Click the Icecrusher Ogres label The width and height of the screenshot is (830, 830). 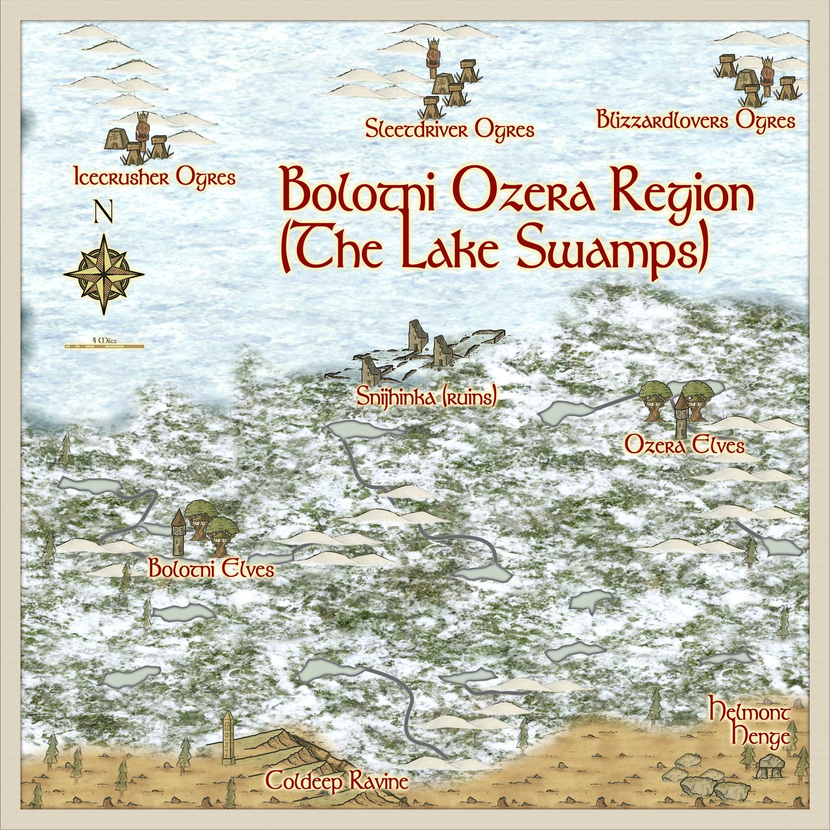pos(154,177)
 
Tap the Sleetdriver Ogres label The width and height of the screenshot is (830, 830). pos(449,130)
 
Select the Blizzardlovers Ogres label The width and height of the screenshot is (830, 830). pos(695,121)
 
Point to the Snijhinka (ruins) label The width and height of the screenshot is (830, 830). pos(427,397)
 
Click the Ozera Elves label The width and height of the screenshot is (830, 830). pos(684,445)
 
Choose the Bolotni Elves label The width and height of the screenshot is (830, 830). pos(211,570)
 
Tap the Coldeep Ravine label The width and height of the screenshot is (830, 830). pos(337,781)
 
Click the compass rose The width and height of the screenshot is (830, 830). pos(104,274)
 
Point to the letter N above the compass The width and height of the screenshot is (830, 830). pos(103,212)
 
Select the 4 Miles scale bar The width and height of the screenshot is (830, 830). pos(104,346)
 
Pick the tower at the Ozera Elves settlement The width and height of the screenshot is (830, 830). pos(681,415)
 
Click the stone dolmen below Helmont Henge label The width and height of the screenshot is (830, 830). pos(770,766)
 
